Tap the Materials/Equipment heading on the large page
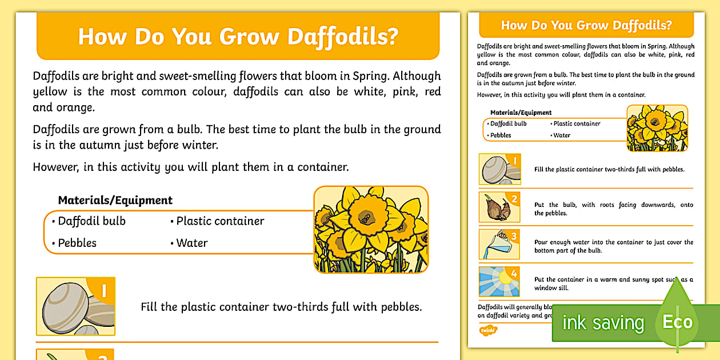115,201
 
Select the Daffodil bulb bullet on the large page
91,221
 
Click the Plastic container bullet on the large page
220,221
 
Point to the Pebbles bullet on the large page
77,243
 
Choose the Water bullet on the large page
192,243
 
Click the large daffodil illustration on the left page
371,229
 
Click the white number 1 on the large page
103,291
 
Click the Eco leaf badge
678,322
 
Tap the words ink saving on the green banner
602,323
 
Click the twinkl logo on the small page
487,330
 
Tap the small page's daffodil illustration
657,128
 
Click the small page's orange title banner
586,26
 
